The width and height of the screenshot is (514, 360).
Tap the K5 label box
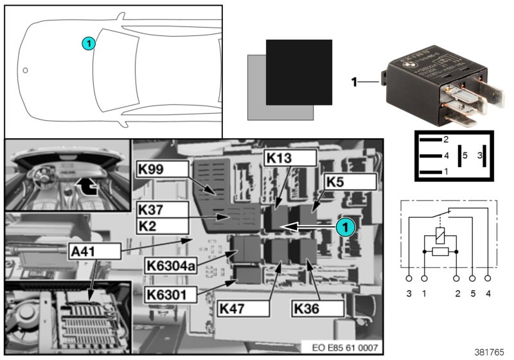click(349, 181)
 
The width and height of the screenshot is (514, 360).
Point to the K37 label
click(162, 210)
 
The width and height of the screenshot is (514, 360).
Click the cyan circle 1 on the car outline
click(89, 43)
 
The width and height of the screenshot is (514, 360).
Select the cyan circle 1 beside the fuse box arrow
click(345, 227)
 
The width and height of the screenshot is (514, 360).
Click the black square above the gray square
click(299, 72)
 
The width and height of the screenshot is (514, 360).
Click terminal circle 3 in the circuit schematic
click(409, 278)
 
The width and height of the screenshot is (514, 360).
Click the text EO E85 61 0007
click(346, 348)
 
